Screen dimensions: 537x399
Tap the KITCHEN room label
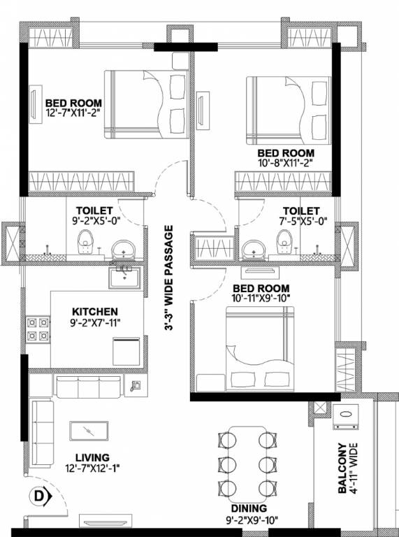(95, 311)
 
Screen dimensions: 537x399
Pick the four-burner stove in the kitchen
(38, 329)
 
